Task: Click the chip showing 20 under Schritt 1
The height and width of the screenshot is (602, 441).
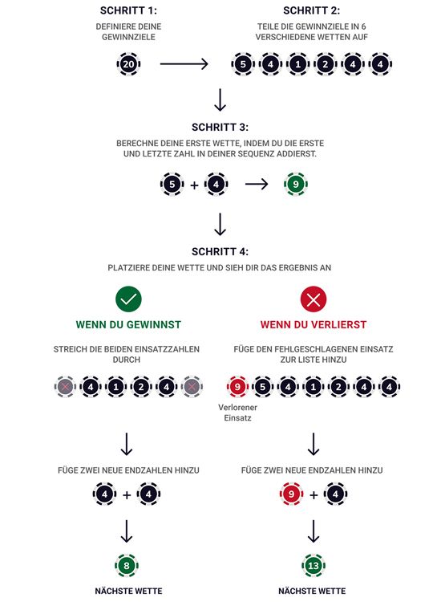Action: [x=127, y=63]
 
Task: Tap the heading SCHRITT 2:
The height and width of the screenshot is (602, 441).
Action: [x=312, y=10]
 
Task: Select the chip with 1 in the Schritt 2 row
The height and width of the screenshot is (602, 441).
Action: [x=297, y=63]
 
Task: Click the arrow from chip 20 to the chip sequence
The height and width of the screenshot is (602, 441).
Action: [x=184, y=63]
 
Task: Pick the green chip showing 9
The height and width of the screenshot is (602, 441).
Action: [x=295, y=185]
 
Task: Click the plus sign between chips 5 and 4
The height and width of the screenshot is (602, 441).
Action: [x=194, y=185]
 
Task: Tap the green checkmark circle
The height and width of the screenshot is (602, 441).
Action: [x=128, y=299]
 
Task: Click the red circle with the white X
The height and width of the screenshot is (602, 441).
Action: [x=313, y=299]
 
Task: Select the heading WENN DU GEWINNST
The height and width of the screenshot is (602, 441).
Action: [x=128, y=325]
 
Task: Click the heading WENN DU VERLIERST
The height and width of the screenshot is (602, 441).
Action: [x=313, y=325]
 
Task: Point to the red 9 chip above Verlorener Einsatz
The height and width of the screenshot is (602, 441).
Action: [x=237, y=387]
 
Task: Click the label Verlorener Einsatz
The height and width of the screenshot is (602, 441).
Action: [x=237, y=413]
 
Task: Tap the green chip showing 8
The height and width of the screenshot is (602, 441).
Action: [x=127, y=565]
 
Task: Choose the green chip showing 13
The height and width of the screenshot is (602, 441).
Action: [x=313, y=565]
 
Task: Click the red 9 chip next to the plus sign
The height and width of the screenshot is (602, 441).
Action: [x=290, y=494]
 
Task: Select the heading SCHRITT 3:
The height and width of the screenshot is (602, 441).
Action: [x=220, y=127]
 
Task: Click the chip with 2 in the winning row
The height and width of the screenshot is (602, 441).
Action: [x=142, y=387]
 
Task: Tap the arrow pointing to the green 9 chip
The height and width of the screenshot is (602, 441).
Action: [x=257, y=185]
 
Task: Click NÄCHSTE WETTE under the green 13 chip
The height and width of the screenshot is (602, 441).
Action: [x=313, y=591]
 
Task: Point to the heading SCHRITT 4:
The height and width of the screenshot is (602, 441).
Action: [x=220, y=250]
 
